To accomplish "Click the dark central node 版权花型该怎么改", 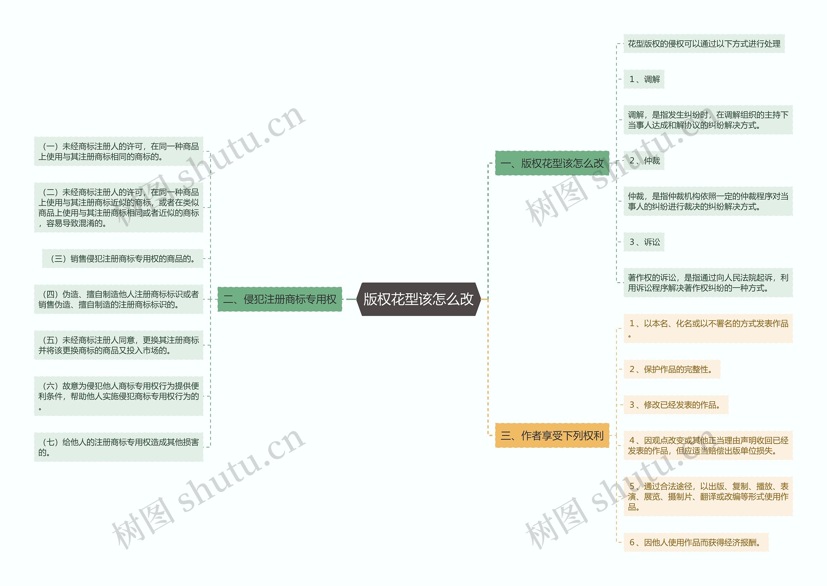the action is click(418, 299).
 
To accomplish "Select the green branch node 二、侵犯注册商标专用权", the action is click(279, 299).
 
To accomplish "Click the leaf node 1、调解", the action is click(644, 79).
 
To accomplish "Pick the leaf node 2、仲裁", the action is click(644, 160).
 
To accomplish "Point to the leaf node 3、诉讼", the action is click(644, 242).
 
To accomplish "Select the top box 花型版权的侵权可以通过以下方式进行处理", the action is click(704, 44).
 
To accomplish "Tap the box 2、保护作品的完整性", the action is click(671, 369).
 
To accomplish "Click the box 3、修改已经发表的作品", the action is click(675, 405).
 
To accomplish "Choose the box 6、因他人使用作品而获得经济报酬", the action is click(695, 542).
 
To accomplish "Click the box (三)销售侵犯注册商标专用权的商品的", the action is click(123, 259).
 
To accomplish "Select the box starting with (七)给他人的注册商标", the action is click(119, 447).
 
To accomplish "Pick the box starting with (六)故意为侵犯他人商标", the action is click(119, 396).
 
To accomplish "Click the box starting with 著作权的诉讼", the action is click(707, 283).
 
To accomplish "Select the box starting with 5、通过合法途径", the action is click(707, 497).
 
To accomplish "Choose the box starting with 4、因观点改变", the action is click(707, 446).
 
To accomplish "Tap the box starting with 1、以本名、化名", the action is click(707, 328).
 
